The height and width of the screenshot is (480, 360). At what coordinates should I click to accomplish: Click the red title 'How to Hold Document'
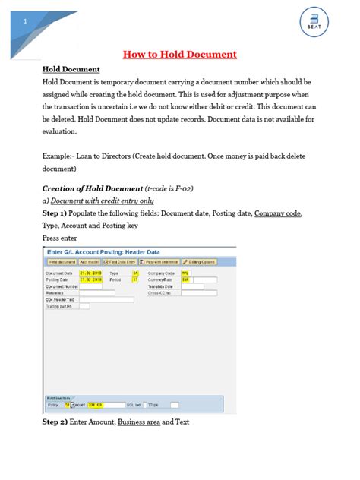pos(180,54)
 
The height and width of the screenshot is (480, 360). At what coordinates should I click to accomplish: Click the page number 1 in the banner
pos(25,21)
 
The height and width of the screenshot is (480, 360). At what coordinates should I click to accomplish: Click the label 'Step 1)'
pos(58,214)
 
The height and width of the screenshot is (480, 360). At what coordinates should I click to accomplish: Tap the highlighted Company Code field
pos(185,273)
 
